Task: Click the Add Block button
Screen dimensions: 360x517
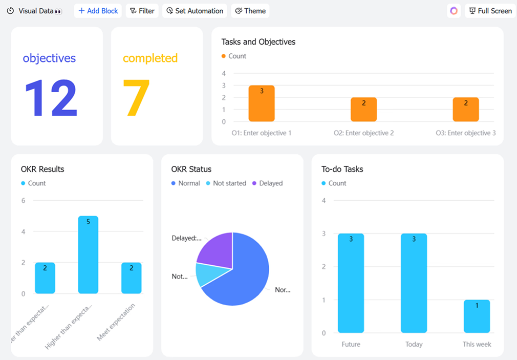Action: [x=98, y=11]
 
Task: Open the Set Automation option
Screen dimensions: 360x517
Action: [x=195, y=11]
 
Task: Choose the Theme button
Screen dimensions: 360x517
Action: [x=250, y=11]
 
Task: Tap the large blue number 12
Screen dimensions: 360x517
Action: [x=51, y=99]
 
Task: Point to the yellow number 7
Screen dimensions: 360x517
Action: [x=136, y=99]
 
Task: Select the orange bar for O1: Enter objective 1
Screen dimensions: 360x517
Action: [x=262, y=103]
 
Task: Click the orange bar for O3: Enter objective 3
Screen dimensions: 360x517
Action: [x=466, y=110]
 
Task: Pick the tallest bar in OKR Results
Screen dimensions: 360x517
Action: [x=88, y=255]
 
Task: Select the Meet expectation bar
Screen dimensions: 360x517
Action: [x=132, y=278]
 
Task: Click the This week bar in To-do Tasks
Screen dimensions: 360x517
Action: [x=477, y=316]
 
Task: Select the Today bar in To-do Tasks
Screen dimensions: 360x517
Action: [x=414, y=283]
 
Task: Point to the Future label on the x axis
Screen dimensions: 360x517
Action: [x=351, y=344]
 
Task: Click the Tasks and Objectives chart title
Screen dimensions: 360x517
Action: [x=258, y=42]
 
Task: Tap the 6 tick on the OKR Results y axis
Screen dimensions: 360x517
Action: [x=23, y=200]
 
